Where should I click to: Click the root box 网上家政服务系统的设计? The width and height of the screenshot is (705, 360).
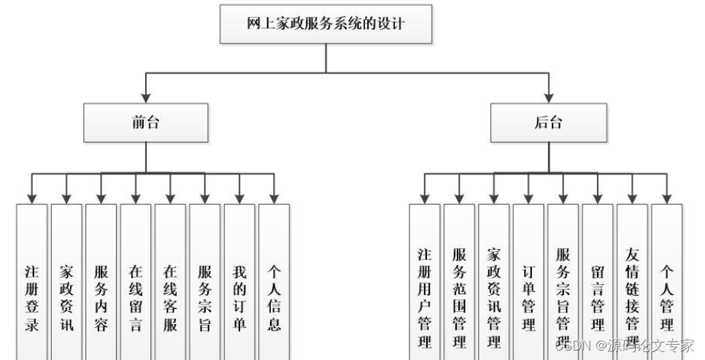pyautogui.click(x=325, y=23)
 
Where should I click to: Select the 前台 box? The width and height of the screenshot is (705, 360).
pyautogui.click(x=146, y=122)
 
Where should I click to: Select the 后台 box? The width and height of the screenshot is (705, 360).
pyautogui.click(x=549, y=122)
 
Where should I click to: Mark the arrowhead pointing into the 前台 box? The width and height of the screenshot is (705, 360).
pyautogui.click(x=146, y=98)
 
